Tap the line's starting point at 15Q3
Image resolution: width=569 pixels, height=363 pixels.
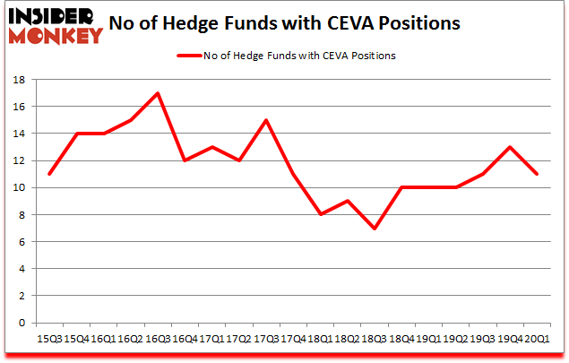point(49,174)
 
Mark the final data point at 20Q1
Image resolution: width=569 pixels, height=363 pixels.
point(537,174)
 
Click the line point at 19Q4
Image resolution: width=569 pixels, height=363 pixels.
point(510,147)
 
